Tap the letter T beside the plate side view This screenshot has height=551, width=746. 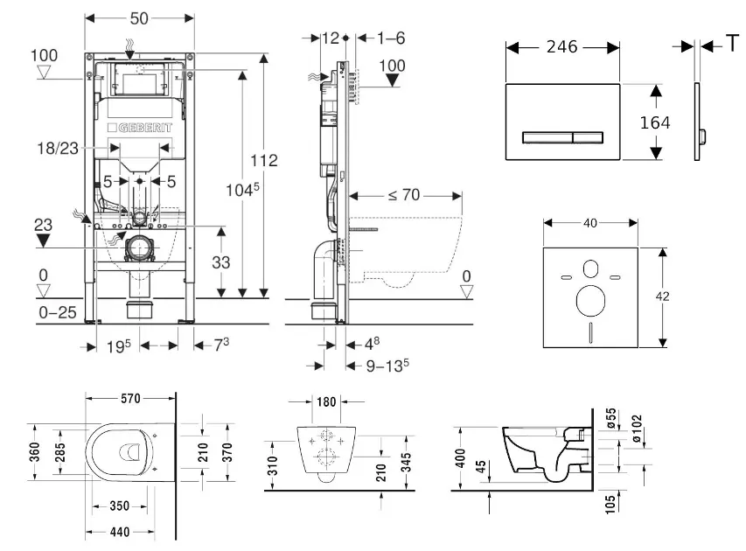click(x=732, y=45)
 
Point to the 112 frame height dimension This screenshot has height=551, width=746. click(x=263, y=160)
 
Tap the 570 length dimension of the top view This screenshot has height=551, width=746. click(x=131, y=399)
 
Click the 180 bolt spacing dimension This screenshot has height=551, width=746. click(x=326, y=402)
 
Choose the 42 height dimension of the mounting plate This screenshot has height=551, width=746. click(x=663, y=296)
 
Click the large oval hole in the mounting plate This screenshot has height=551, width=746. click(x=592, y=302)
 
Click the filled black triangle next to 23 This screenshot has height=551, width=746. click(x=43, y=241)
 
